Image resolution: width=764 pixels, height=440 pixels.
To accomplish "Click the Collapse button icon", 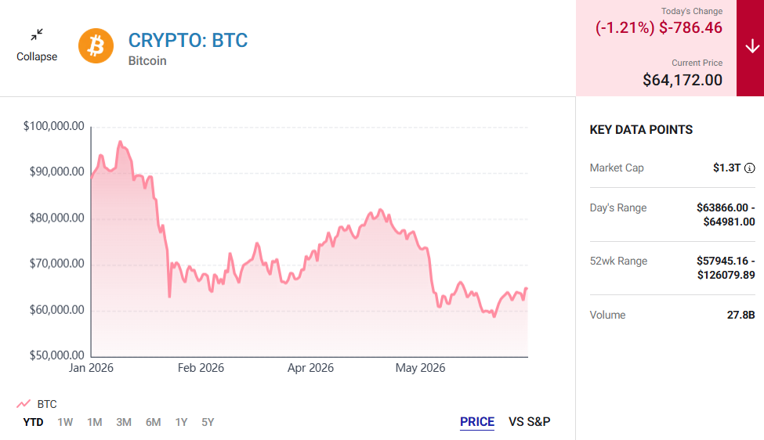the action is click(37, 34).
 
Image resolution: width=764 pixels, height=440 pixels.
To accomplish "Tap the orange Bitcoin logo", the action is click(96, 45).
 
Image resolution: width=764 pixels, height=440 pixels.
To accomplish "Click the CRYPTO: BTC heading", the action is click(188, 41).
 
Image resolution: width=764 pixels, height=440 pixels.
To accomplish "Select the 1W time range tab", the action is click(65, 422).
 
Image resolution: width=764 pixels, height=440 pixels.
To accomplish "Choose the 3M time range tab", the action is click(124, 422).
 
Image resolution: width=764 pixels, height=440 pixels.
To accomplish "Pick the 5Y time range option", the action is click(208, 422).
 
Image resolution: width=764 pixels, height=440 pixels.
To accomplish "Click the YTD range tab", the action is click(33, 422).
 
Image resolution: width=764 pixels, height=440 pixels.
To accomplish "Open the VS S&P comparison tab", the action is click(529, 421).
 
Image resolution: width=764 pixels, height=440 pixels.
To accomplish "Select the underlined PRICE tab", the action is click(477, 421).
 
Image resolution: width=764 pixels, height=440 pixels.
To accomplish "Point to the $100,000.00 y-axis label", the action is click(53, 126).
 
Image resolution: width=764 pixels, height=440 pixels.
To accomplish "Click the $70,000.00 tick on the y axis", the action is click(56, 264).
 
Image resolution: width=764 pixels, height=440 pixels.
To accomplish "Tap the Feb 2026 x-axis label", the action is click(201, 368).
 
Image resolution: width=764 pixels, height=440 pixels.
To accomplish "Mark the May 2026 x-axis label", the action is click(420, 368).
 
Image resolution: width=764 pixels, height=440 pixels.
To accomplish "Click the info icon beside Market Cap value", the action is click(750, 168).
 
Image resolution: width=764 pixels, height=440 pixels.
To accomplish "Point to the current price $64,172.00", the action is click(683, 80).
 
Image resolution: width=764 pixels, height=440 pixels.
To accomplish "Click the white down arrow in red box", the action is click(752, 47).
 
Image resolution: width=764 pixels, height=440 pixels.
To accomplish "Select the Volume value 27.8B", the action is click(740, 315).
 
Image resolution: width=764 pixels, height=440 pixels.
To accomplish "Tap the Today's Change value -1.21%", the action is click(625, 27).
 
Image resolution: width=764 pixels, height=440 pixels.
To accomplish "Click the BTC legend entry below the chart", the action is click(37, 404).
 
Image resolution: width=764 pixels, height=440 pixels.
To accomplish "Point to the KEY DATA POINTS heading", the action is click(641, 130).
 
